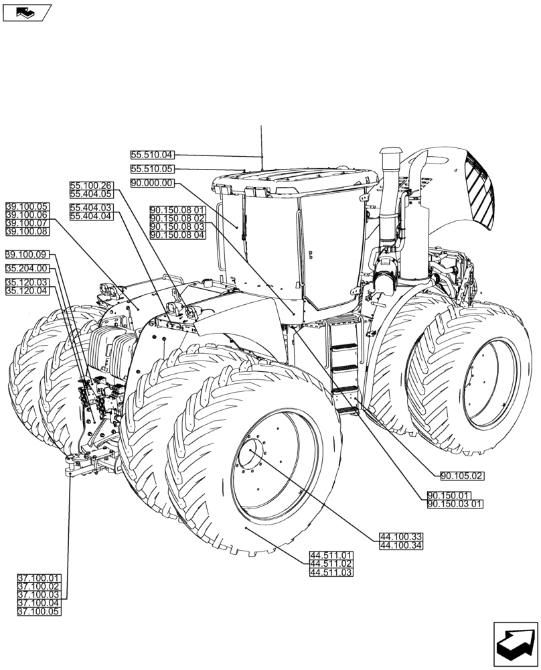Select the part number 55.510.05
click(x=152, y=170)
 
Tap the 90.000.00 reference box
click(x=152, y=183)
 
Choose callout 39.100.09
click(x=27, y=255)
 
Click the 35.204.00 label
click(x=27, y=269)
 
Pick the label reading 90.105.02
click(x=462, y=476)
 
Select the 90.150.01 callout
click(x=449, y=495)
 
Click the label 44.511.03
click(x=331, y=573)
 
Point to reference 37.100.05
click(x=39, y=612)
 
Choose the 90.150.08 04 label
click(x=178, y=234)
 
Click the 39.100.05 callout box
click(x=27, y=206)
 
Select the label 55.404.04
click(x=91, y=216)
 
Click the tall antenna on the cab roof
click(x=262, y=144)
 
